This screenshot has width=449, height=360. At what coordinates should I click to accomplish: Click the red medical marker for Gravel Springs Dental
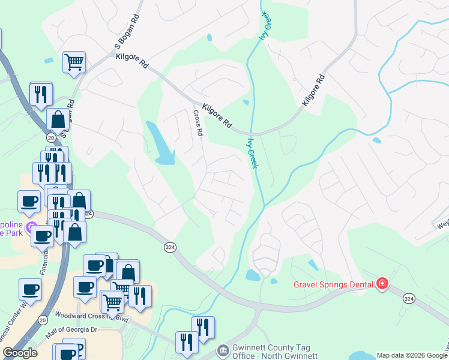click(382, 284)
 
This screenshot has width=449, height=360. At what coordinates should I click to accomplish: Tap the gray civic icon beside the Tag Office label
click(223, 349)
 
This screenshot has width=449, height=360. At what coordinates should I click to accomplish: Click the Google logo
click(20, 353)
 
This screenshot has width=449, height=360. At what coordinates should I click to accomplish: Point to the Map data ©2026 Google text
click(412, 355)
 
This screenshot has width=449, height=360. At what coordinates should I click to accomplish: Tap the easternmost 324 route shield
click(409, 298)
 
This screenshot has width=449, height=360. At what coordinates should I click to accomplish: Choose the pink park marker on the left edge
click(32, 226)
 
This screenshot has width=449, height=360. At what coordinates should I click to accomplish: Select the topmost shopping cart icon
click(74, 61)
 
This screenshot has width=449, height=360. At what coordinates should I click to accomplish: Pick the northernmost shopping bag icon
click(58, 119)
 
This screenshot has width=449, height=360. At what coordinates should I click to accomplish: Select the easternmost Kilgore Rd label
click(313, 91)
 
